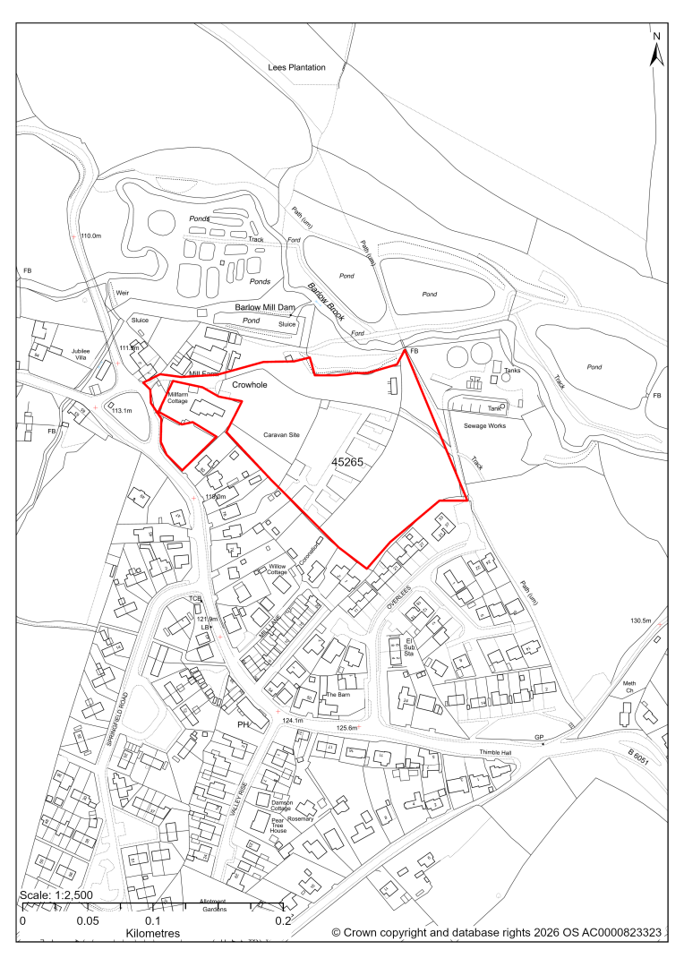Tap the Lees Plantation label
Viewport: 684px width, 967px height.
click(x=296, y=68)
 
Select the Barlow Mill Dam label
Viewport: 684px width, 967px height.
click(x=265, y=308)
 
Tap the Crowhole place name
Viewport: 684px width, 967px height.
click(x=251, y=384)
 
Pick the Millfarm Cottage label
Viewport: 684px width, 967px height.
click(x=178, y=398)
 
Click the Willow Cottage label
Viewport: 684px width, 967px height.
click(x=283, y=570)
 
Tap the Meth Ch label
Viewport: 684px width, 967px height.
click(x=629, y=687)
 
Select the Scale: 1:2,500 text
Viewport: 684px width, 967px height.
click(x=56, y=895)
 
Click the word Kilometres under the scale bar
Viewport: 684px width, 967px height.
click(x=152, y=933)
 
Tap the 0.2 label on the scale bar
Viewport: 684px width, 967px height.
click(x=283, y=920)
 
